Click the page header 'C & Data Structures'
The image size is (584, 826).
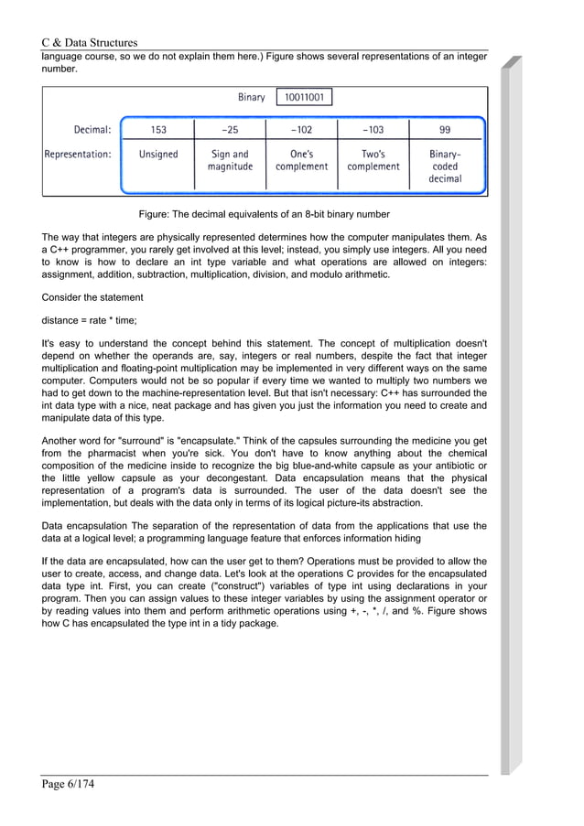[x=90, y=42]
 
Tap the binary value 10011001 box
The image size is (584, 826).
[x=304, y=97]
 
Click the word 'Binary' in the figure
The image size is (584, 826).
[x=251, y=97]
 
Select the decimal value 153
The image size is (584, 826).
[x=157, y=129]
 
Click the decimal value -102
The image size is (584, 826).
[x=301, y=129]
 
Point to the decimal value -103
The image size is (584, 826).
[x=373, y=129]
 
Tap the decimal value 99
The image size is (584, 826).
[x=445, y=129]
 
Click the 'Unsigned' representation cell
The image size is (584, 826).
[x=157, y=155]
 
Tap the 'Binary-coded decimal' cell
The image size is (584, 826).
[x=445, y=166]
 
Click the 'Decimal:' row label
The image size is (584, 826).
[x=92, y=129]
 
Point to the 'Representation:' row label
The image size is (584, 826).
[x=78, y=155]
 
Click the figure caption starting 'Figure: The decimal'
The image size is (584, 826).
[x=264, y=214]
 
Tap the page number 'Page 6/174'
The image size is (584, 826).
[x=69, y=785]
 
